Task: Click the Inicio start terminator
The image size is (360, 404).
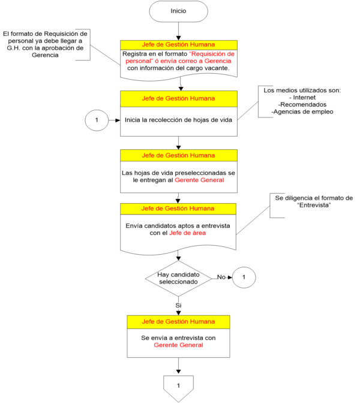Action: [x=179, y=11]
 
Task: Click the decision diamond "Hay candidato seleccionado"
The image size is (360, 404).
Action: [x=178, y=278]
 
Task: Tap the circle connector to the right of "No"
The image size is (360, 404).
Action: [x=244, y=278]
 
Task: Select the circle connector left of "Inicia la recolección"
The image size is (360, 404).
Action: [x=97, y=120]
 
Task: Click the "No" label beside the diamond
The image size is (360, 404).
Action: [x=221, y=278]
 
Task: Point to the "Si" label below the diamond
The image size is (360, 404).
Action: [x=178, y=305]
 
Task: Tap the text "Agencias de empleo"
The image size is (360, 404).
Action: [x=302, y=112]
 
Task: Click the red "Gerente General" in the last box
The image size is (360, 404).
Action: [x=178, y=345]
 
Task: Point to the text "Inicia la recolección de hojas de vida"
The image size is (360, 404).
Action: [x=178, y=120]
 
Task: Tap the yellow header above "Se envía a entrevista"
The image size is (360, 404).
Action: [x=178, y=322]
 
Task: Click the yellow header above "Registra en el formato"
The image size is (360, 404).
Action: [x=178, y=44]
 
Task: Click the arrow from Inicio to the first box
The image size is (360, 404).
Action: [x=178, y=30]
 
